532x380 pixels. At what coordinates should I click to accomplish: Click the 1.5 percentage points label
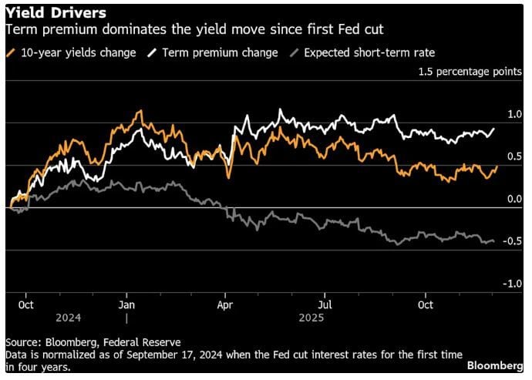click(x=470, y=72)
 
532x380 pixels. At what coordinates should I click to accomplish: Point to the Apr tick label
click(x=225, y=304)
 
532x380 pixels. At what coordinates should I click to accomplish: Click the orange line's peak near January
click(x=140, y=111)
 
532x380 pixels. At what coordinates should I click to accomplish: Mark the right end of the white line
click(x=493, y=129)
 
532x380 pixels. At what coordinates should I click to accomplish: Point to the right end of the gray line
click(x=493, y=241)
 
